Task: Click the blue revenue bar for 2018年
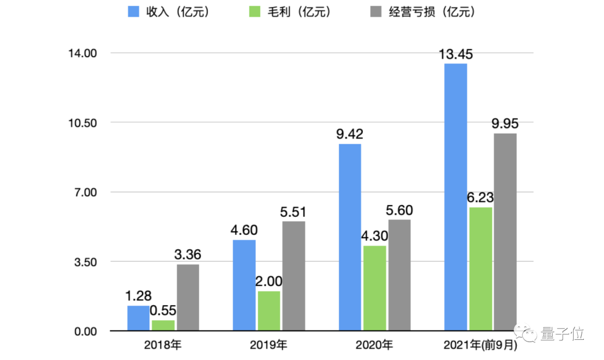(x=138, y=318)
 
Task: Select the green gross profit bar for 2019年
(x=269, y=311)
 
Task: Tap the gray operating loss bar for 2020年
(x=399, y=275)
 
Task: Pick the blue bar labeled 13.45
(x=455, y=197)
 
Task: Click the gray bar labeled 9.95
(x=505, y=232)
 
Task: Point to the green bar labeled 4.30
(x=374, y=288)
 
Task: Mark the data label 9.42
(x=350, y=134)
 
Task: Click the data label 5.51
(x=294, y=212)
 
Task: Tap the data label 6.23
(x=480, y=198)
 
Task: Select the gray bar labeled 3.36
(x=188, y=297)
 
